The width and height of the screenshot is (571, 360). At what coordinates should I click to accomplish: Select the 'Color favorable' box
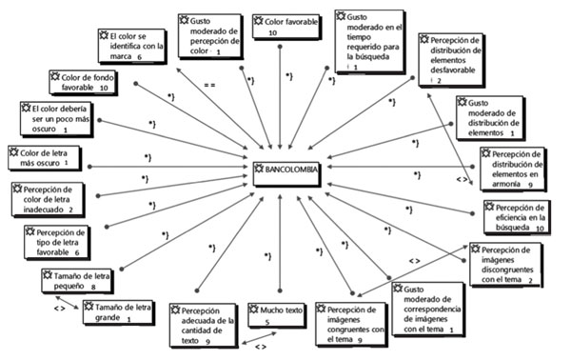point(277,26)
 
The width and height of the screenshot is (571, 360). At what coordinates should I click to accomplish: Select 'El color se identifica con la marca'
point(132,45)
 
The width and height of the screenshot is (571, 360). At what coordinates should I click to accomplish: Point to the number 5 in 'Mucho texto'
point(268,323)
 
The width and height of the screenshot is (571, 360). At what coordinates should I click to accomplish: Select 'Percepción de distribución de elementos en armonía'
point(511,168)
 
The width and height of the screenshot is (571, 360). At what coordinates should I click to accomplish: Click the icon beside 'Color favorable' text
point(260,20)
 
